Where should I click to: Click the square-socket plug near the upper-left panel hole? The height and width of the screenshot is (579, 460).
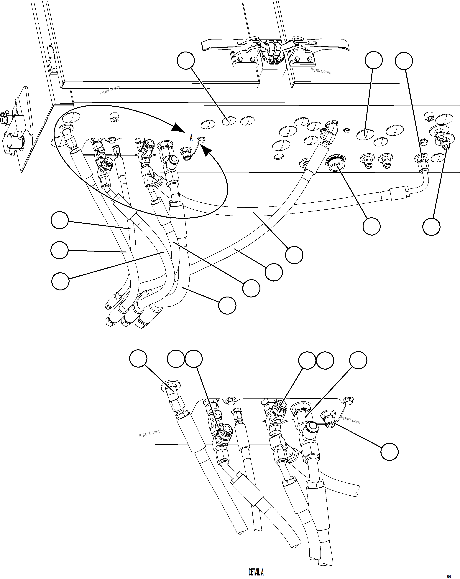point(114,117)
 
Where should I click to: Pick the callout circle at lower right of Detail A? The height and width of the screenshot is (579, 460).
point(389,452)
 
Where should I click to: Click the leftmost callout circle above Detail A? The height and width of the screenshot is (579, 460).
point(138,358)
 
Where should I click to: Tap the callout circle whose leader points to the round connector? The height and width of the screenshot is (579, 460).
point(371,226)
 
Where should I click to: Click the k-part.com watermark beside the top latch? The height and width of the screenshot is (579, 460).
point(321,71)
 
